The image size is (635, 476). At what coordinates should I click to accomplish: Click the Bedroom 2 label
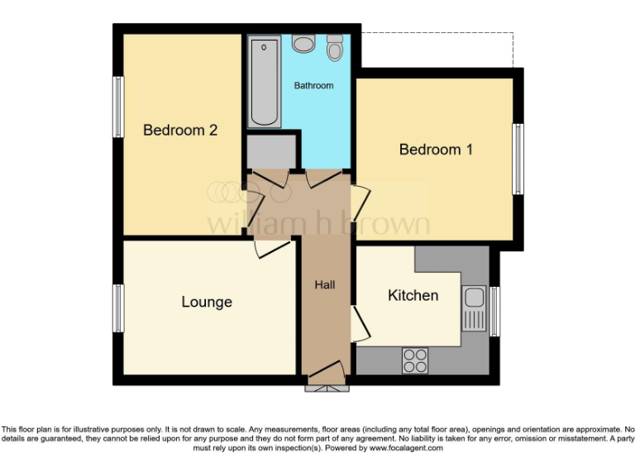click(180, 130)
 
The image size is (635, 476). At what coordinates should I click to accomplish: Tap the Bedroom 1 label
click(436, 150)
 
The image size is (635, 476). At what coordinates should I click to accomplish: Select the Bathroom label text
click(314, 85)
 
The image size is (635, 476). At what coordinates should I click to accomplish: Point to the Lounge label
click(207, 302)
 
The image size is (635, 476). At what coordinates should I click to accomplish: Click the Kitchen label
click(413, 295)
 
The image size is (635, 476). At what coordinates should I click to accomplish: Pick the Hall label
click(324, 285)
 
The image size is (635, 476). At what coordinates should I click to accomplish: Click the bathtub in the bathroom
click(265, 81)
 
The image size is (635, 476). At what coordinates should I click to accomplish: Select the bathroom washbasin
click(303, 42)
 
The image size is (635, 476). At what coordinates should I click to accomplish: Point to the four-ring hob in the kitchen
click(415, 360)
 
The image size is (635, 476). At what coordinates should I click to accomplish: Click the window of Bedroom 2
click(119, 107)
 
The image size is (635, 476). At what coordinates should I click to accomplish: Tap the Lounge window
click(119, 307)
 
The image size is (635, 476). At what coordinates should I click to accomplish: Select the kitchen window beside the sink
click(494, 311)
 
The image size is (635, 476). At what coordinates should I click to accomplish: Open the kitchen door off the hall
click(360, 324)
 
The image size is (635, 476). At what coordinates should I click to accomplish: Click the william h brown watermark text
click(317, 223)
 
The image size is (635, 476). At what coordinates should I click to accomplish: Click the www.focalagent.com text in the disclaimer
click(406, 449)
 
